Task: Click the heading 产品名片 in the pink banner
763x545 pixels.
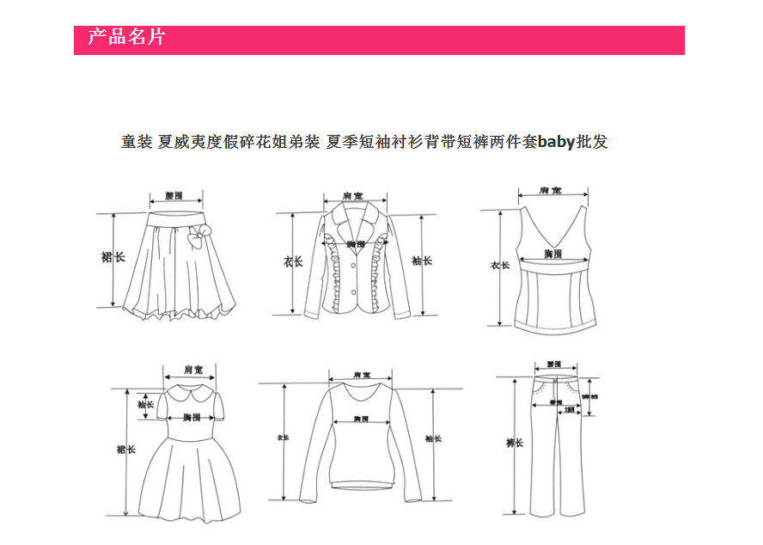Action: click(x=126, y=38)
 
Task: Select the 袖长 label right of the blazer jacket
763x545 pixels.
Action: click(x=420, y=260)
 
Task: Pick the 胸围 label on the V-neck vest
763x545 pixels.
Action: click(x=552, y=254)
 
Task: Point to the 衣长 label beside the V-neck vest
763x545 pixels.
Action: click(x=500, y=265)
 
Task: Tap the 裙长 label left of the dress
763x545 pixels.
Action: click(x=126, y=449)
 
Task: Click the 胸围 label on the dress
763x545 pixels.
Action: click(x=191, y=418)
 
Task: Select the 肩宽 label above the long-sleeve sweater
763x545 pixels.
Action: click(x=361, y=376)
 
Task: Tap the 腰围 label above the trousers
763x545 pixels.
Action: click(x=553, y=364)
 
